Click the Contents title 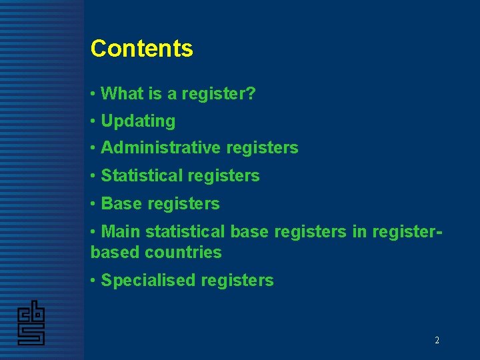click(x=141, y=49)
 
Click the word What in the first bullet click(x=122, y=94)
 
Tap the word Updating click(x=138, y=121)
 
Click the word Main click(x=121, y=232)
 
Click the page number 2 click(x=437, y=340)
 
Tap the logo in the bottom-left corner click(x=31, y=323)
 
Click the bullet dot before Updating click(x=93, y=121)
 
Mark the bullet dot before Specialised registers click(x=93, y=281)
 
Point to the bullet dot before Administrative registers click(x=93, y=148)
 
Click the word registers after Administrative click(x=262, y=148)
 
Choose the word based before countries click(x=115, y=253)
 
